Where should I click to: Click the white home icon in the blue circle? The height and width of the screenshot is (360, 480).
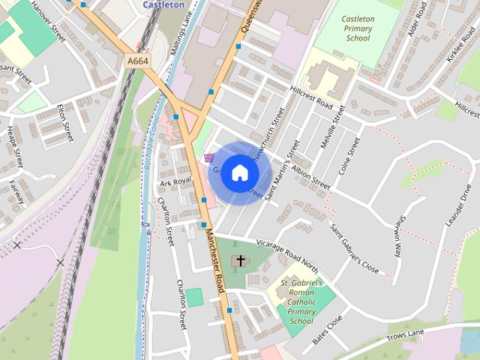tap(239, 173)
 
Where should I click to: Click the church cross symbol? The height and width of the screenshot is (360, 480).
tap(240, 261)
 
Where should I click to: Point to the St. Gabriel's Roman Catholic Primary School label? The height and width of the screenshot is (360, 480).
tap(301, 301)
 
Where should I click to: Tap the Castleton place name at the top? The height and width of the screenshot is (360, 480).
tap(163, 4)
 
